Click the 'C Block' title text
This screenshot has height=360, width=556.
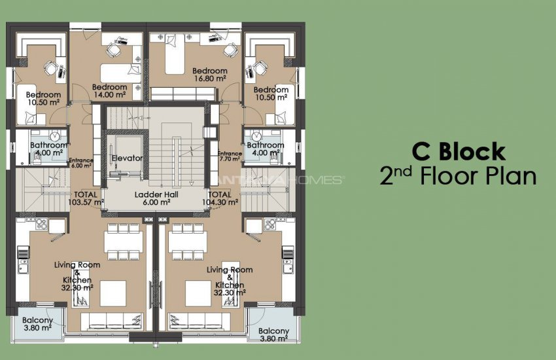pyautogui.click(x=458, y=151)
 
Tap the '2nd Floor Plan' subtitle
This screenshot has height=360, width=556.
pyautogui.click(x=458, y=176)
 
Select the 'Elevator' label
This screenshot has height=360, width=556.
pyautogui.click(x=127, y=158)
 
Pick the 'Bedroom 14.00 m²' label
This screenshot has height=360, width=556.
pyautogui.click(x=109, y=91)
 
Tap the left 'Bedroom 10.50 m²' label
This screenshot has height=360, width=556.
pyautogui.click(x=43, y=99)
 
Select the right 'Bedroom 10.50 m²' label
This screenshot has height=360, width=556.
pyautogui.click(x=271, y=94)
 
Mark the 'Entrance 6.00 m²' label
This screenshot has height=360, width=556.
pyautogui.click(x=82, y=162)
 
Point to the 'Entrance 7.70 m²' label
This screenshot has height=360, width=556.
pyautogui.click(x=230, y=156)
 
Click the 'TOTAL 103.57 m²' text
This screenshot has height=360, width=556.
pyautogui.click(x=86, y=198)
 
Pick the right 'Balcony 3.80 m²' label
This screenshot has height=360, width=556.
pyautogui.click(x=273, y=335)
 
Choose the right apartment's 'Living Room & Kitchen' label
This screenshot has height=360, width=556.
pyautogui.click(x=229, y=280)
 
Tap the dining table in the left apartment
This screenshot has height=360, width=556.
pyautogui.click(x=124, y=240)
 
